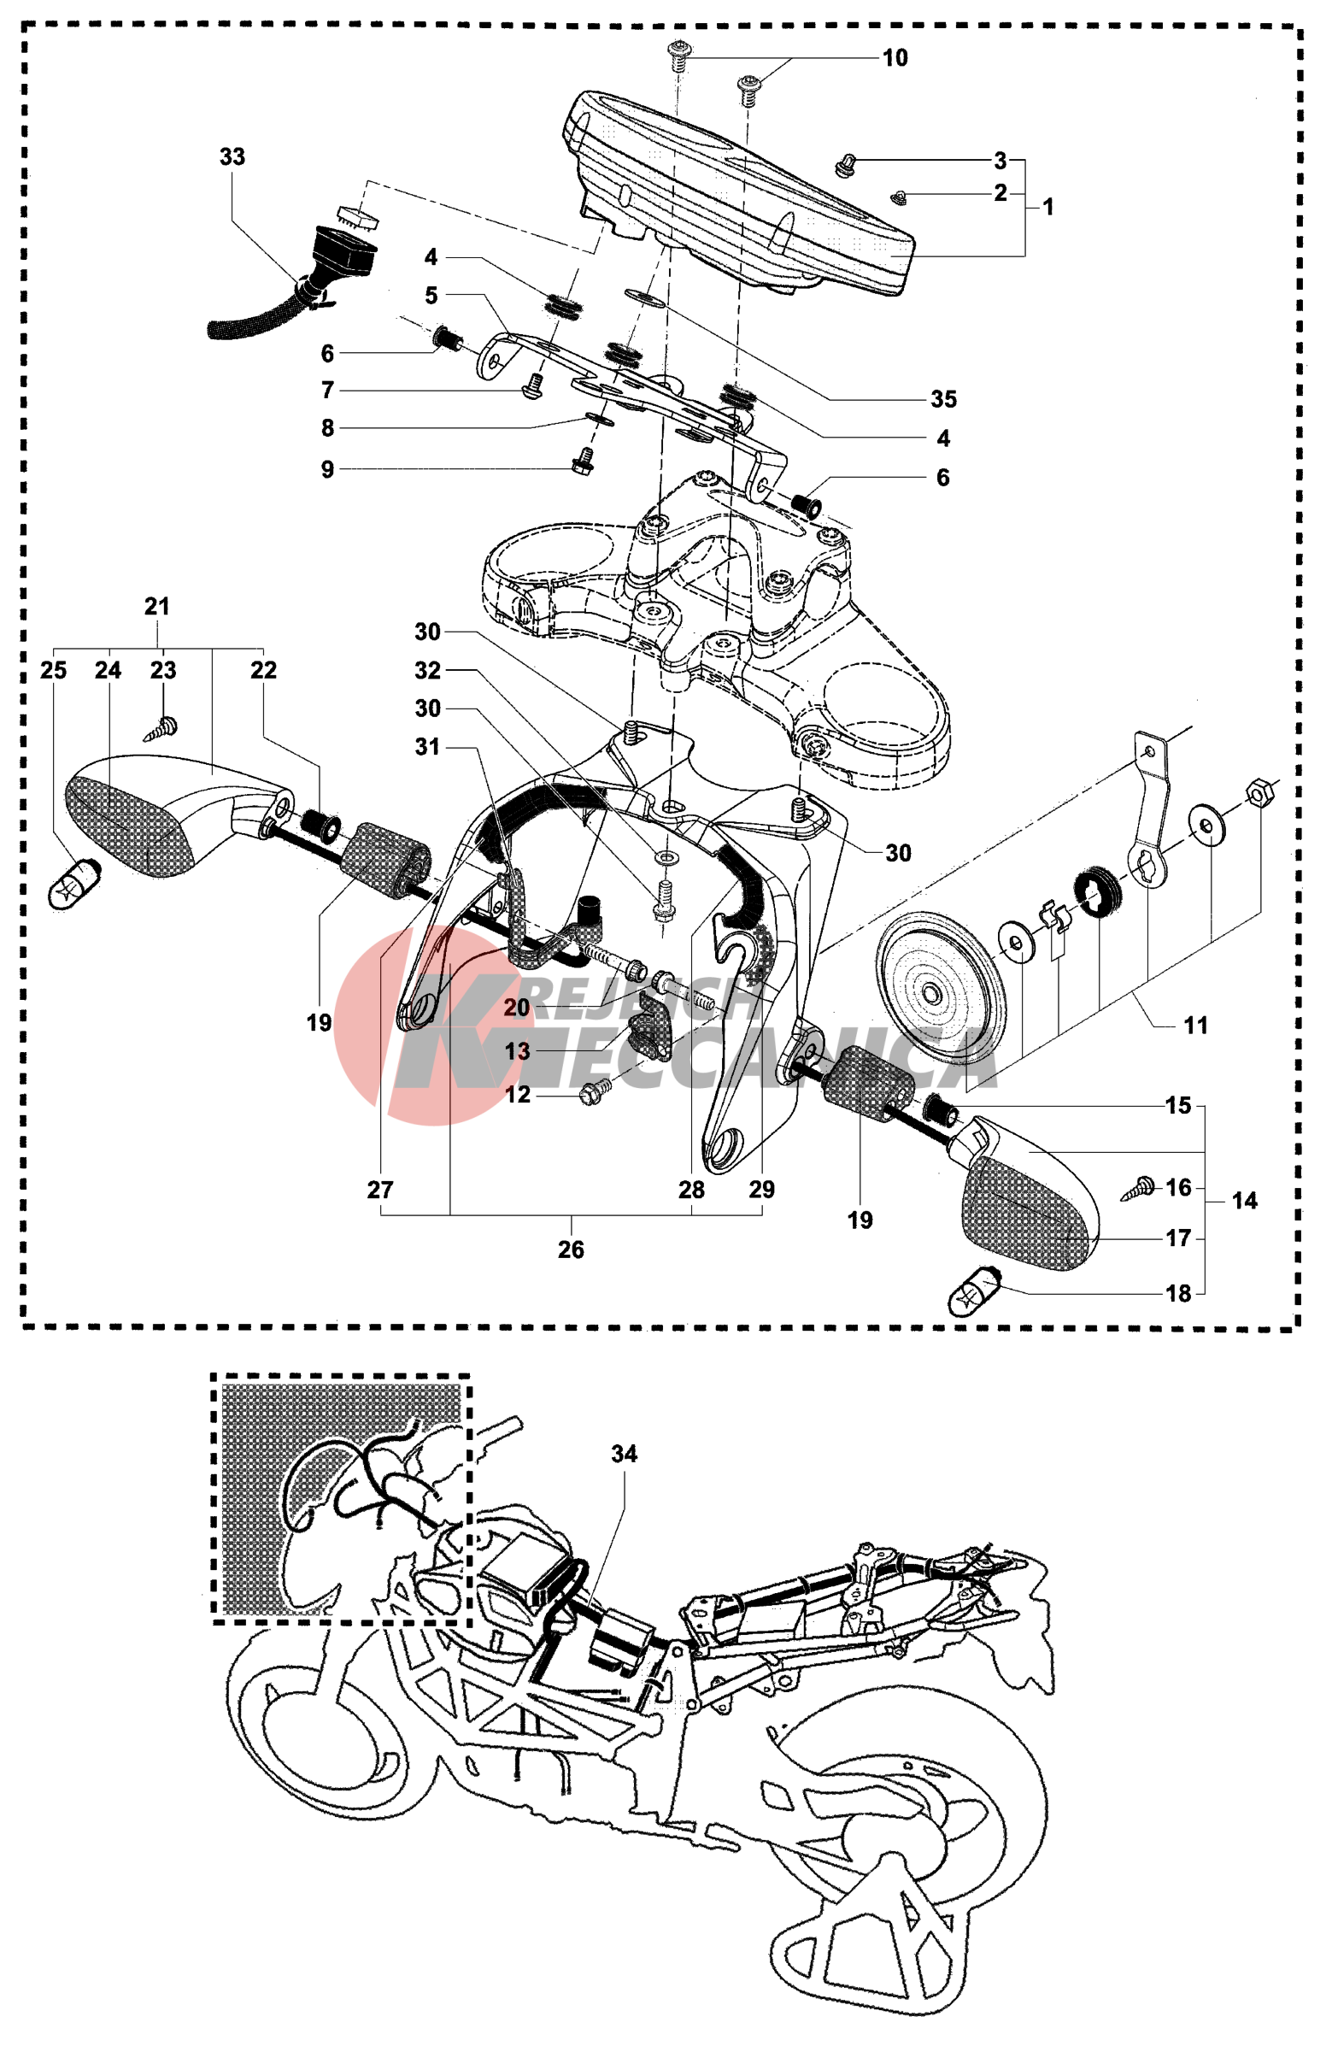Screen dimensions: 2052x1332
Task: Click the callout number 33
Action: [x=232, y=157]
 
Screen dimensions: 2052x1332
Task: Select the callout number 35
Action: [x=943, y=399]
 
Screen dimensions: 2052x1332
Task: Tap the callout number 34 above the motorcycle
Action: [x=624, y=1455]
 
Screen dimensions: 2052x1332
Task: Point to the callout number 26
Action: [x=571, y=1249]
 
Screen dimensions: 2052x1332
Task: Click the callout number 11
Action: [x=1195, y=1025]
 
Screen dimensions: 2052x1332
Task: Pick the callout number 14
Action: [x=1244, y=1200]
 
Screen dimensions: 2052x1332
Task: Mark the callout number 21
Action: [x=157, y=607]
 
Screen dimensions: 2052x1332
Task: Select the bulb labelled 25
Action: [x=74, y=883]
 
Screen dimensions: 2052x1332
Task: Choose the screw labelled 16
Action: [x=1140, y=1187]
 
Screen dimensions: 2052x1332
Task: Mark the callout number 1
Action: [x=1047, y=207]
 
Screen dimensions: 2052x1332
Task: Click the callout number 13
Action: [x=517, y=1052]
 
